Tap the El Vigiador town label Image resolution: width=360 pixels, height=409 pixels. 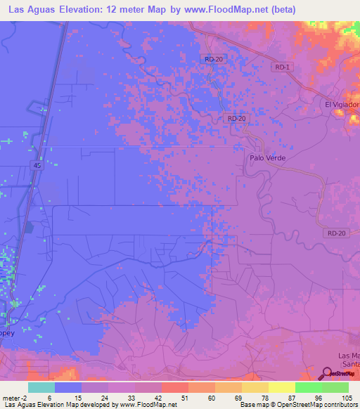click(342, 105)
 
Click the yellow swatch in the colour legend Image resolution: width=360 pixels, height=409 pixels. click(281, 387)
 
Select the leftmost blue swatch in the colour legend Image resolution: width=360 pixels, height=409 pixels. click(68, 387)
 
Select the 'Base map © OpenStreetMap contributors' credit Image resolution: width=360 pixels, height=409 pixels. click(298, 405)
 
